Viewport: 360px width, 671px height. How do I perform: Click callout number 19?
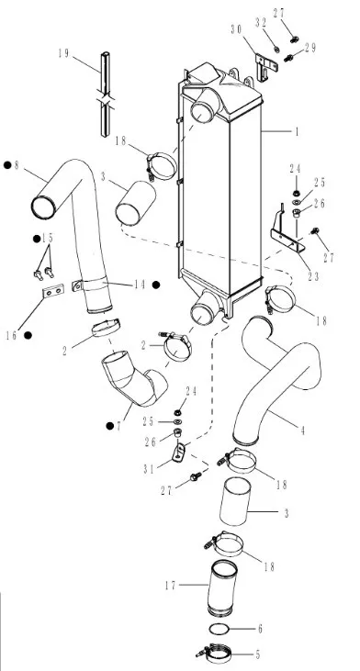[x=63, y=53]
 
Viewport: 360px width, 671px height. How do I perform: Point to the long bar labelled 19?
[x=105, y=95]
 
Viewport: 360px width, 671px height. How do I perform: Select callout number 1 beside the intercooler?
[x=297, y=131]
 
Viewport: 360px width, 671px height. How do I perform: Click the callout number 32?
[x=261, y=23]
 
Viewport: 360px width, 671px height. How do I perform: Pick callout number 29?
[x=310, y=48]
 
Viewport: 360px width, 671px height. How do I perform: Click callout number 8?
[x=17, y=165]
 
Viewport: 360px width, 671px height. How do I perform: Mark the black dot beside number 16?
[x=28, y=336]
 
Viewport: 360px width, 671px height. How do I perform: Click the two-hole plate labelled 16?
[x=53, y=291]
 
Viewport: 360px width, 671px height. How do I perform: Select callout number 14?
[x=141, y=285]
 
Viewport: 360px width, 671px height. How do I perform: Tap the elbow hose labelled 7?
[x=134, y=378]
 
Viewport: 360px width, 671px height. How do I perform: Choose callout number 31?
[x=149, y=469]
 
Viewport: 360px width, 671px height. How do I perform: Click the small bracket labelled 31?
[x=179, y=453]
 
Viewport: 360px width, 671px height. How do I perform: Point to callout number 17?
[x=171, y=585]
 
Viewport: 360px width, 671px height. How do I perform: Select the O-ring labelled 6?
[x=219, y=629]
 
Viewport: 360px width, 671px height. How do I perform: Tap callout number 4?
[x=303, y=430]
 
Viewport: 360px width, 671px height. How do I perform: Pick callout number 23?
[x=314, y=276]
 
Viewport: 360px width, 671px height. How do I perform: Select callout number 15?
[x=48, y=238]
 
